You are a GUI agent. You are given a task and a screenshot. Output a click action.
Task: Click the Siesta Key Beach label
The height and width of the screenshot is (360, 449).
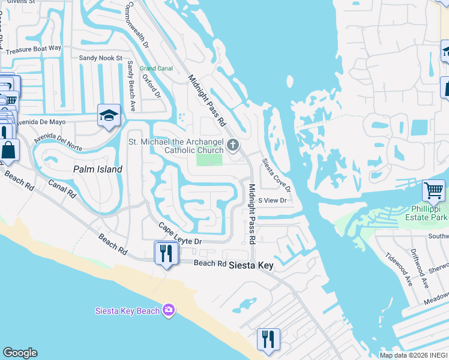click(127, 310)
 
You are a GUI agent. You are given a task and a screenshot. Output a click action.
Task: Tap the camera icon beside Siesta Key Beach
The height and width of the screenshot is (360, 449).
click(169, 310)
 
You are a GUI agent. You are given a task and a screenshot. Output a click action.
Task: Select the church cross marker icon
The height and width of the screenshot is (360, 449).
click(233, 145)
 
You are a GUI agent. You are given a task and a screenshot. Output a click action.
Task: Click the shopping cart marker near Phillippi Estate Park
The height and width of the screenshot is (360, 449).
click(433, 191)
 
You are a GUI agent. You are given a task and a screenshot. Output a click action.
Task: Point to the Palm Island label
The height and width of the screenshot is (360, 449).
click(98, 169)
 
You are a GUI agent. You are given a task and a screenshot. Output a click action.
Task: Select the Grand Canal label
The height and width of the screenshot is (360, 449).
click(156, 68)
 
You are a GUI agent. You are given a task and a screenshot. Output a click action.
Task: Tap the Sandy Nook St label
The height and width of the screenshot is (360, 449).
click(101, 58)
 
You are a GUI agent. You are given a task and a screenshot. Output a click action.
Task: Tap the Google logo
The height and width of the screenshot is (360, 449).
click(20, 353)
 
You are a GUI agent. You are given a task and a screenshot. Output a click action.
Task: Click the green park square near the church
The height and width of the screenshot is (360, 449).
click(209, 160)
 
